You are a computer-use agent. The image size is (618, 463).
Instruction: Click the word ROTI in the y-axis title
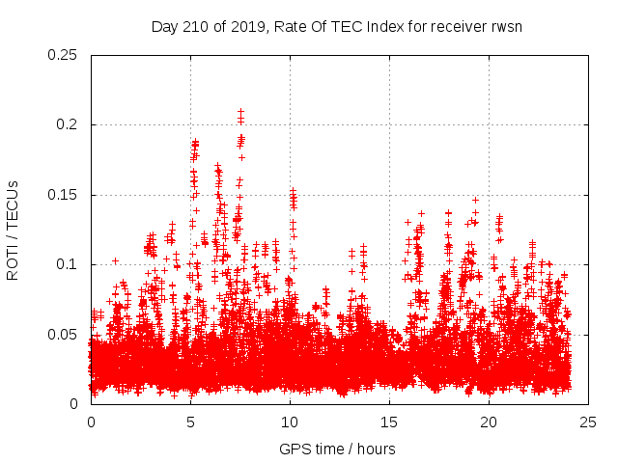point(13,262)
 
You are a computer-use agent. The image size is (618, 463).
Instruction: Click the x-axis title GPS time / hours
point(337,449)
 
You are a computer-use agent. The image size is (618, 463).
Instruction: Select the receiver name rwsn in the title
point(506,26)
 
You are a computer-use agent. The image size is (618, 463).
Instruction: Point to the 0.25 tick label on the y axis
point(63,55)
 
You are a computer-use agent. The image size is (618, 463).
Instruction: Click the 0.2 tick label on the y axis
point(67,124)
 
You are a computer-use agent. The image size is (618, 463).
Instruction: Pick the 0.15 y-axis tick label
point(63,195)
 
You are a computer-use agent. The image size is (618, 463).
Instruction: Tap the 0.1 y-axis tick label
point(67,264)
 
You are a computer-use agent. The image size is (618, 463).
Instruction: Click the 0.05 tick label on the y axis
point(63,334)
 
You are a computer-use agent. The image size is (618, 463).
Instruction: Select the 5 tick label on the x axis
point(190,422)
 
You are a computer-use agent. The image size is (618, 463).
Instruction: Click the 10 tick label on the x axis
point(290,422)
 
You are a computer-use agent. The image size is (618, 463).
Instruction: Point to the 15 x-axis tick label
point(389,422)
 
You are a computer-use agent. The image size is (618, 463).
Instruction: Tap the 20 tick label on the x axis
point(489,422)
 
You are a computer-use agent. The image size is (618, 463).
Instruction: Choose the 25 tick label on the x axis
point(588,422)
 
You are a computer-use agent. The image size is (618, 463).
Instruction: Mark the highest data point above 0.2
point(240,112)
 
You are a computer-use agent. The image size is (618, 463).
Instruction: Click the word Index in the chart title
point(384,26)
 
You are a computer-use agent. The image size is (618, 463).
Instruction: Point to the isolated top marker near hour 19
point(475,200)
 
